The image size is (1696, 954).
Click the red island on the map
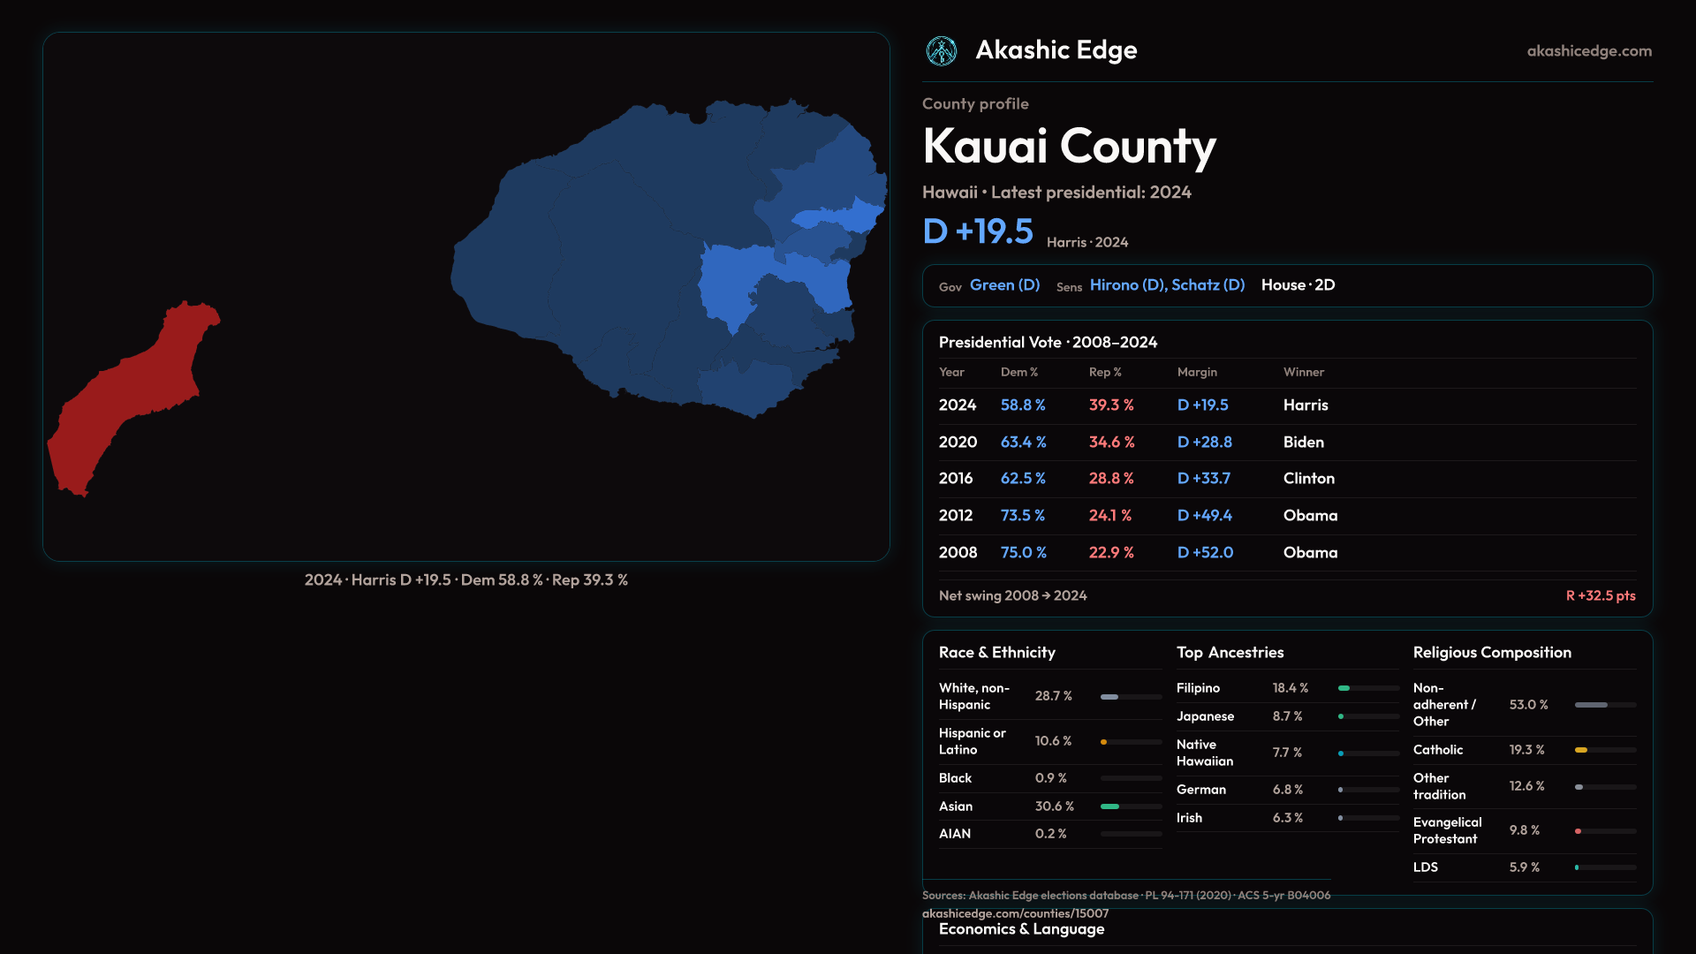point(132,397)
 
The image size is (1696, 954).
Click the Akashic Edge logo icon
point(941,51)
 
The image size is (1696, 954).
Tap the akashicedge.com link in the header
point(1589,51)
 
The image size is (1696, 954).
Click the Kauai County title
point(1069,147)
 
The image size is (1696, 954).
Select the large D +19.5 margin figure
point(978,231)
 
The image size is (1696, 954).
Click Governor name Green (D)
point(1004,285)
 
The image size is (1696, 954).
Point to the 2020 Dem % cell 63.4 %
point(1023,442)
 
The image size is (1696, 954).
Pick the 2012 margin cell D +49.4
point(1204,515)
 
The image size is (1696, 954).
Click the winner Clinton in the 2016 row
point(1308,478)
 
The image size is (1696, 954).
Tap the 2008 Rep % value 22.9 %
point(1111,552)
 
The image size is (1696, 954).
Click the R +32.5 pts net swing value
point(1600,595)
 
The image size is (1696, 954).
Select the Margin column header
point(1197,372)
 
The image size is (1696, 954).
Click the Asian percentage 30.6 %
point(1054,806)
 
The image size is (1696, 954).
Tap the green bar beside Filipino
point(1344,688)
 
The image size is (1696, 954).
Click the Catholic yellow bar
point(1581,750)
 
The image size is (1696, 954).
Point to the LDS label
point(1425,867)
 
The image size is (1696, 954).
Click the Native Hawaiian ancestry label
point(1204,753)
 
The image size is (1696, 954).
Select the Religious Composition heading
point(1492,653)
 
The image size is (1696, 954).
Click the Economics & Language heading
point(1021,929)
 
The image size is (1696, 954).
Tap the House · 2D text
point(1298,285)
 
